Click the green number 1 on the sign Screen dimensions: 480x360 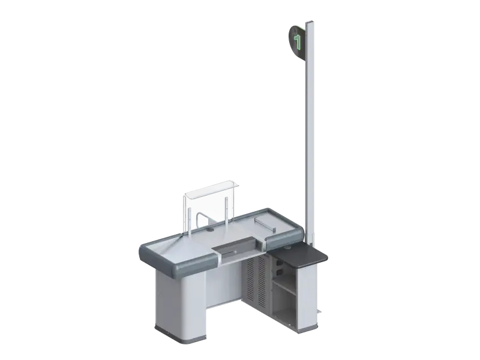click(x=297, y=41)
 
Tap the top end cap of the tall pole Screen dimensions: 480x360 click(x=310, y=22)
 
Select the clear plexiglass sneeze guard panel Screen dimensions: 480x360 click(x=209, y=202)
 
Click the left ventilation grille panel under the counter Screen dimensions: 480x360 click(x=250, y=278)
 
